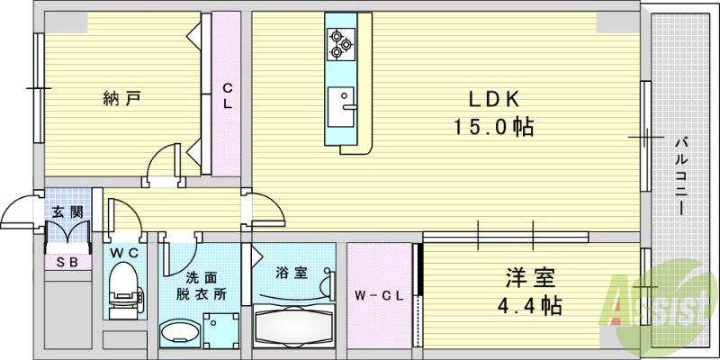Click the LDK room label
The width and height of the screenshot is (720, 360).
click(493, 99)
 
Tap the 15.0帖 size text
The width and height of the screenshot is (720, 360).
click(492, 128)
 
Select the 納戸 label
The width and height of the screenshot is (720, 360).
click(121, 97)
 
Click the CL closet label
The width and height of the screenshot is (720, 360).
click(228, 95)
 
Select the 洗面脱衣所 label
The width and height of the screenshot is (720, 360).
click(202, 285)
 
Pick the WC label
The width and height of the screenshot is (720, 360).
click(123, 254)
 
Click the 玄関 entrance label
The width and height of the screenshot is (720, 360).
click(67, 212)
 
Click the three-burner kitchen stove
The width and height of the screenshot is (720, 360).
click(339, 42)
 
